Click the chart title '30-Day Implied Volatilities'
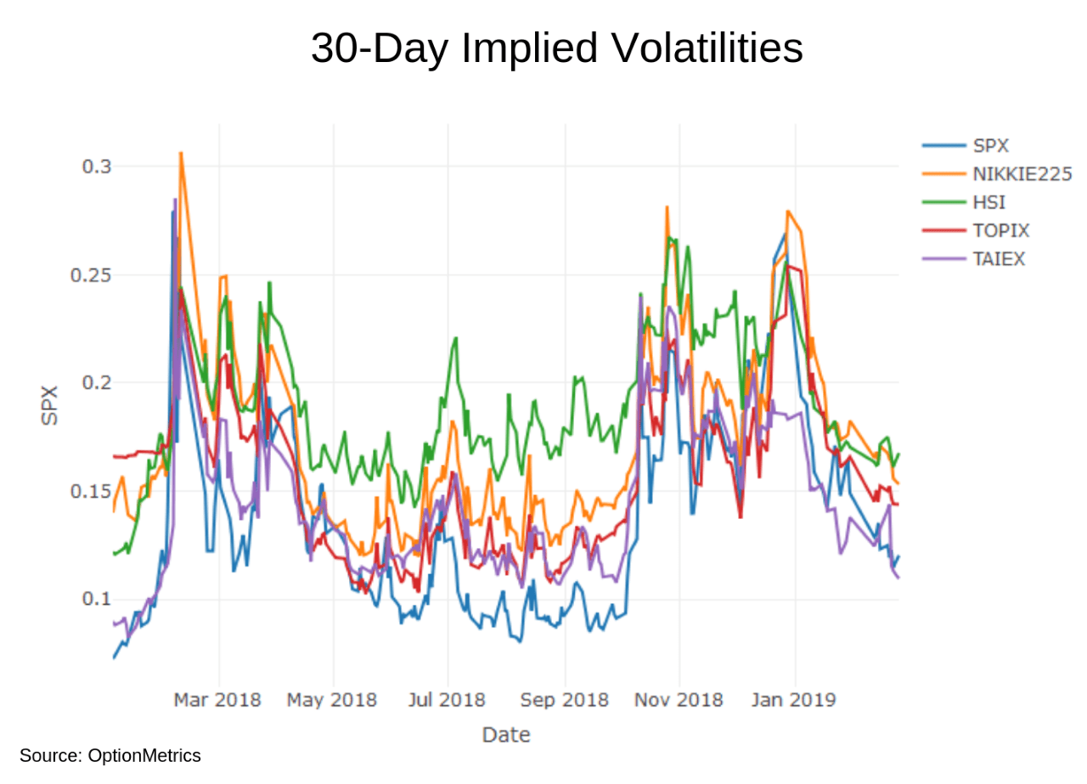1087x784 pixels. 556,48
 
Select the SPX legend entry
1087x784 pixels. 991,146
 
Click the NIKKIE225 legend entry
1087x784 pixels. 1022,174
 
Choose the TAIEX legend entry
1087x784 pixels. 1000,259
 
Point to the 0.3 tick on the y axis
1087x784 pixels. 95,166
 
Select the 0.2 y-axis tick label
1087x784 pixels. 95,383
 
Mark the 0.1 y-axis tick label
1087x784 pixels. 95,599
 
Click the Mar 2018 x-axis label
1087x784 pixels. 217,700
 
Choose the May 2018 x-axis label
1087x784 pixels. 331,700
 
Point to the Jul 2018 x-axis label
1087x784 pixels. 447,700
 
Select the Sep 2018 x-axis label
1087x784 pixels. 564,700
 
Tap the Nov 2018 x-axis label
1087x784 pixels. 679,700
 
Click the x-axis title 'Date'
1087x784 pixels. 506,735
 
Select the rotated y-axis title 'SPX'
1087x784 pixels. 50,405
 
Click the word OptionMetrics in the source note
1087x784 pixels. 144,755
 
